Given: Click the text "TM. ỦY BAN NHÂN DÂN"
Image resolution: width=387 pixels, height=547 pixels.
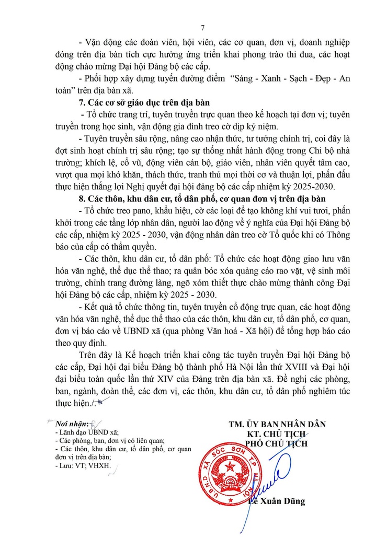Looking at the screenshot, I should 277,424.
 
